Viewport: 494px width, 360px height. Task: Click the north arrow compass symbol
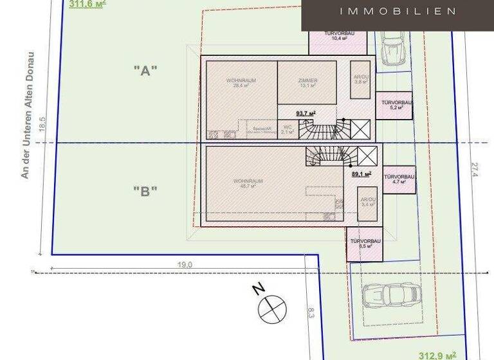(272, 309)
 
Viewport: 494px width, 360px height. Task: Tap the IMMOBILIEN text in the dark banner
(398, 11)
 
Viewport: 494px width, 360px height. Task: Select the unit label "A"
(145, 71)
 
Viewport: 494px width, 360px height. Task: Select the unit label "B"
(145, 190)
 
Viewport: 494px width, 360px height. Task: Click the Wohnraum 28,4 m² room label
(241, 83)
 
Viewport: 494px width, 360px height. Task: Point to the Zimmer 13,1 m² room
(308, 83)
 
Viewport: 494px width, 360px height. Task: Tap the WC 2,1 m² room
(287, 129)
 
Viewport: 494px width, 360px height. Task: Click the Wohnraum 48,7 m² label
(248, 183)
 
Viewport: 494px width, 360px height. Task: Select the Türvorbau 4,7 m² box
(399, 179)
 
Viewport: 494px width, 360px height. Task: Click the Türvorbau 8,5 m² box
(365, 244)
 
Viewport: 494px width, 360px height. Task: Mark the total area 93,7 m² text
(306, 114)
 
